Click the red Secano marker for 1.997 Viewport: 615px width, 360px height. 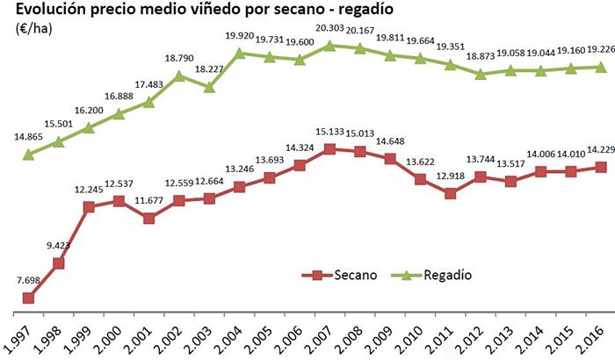(28, 298)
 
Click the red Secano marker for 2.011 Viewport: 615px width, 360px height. (450, 193)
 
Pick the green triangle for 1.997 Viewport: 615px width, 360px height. (28, 155)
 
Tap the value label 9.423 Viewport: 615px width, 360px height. (60, 246)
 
